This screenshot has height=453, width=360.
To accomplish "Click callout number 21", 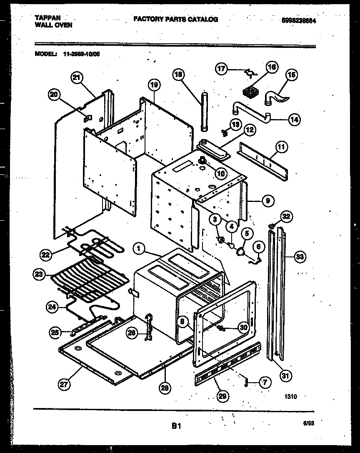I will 77,78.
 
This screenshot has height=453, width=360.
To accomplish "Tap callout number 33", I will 299,256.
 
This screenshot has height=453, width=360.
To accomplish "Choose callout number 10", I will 220,172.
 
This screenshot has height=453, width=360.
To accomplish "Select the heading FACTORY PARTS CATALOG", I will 175,19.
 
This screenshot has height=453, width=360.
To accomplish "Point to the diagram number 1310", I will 291,397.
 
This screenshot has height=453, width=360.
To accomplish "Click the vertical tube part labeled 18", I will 204,112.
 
